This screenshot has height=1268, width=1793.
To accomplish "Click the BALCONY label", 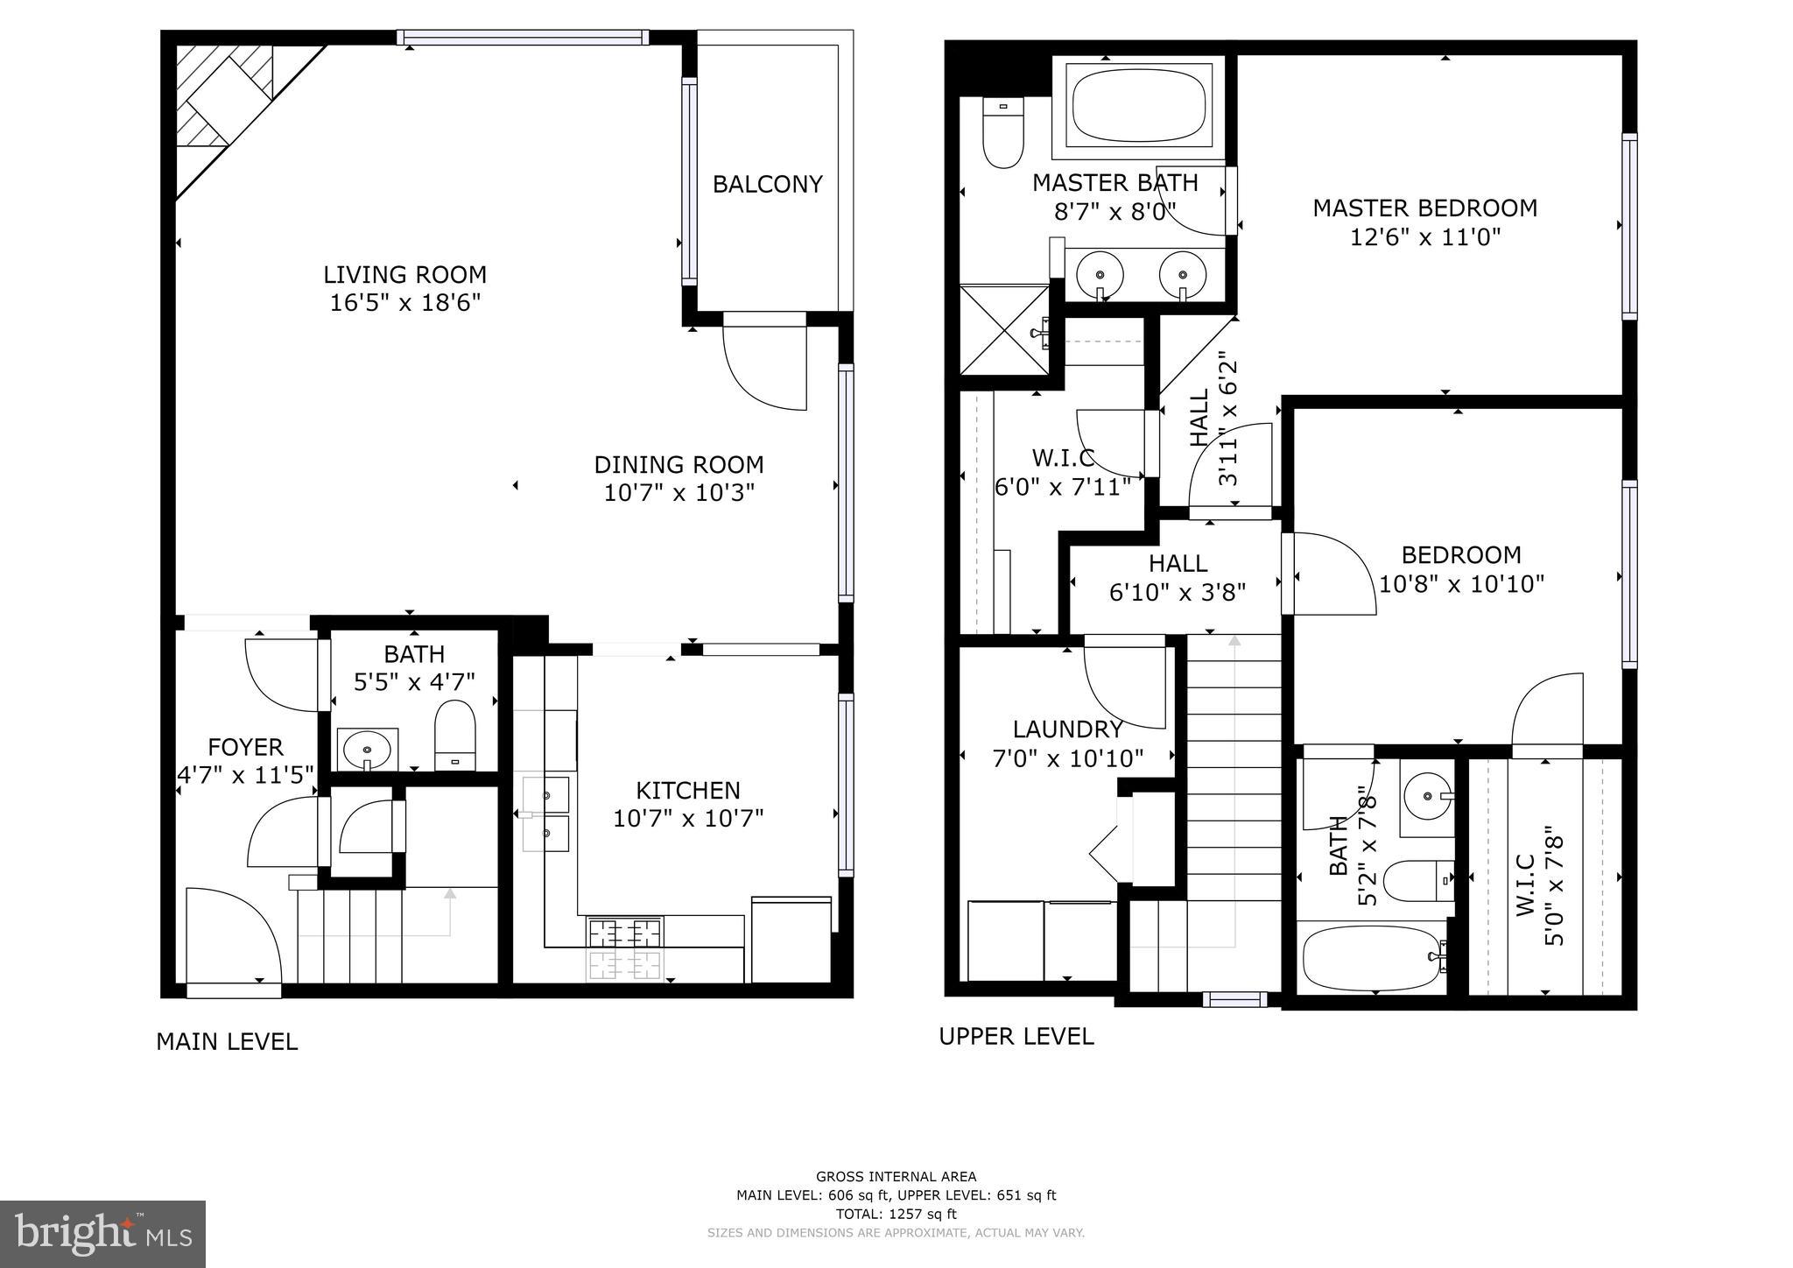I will click(x=767, y=185).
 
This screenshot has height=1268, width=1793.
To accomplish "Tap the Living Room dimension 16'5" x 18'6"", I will click(x=405, y=304).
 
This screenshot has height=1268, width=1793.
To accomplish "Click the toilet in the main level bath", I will click(x=454, y=734).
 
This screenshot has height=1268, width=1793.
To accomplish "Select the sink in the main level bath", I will click(x=367, y=750).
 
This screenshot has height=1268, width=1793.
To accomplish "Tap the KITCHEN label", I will click(x=687, y=791).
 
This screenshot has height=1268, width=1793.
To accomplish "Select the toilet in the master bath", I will click(x=1002, y=134).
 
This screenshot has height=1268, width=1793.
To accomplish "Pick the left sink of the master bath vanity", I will click(x=1100, y=272).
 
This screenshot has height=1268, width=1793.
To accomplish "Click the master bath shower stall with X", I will click(x=1005, y=328).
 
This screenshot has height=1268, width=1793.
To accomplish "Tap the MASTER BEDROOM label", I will click(x=1424, y=208).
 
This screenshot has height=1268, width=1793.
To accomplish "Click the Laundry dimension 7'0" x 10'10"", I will click(x=1067, y=758).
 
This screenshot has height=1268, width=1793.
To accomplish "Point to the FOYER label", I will click(x=245, y=748).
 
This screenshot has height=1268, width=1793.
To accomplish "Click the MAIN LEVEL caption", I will click(x=227, y=1042).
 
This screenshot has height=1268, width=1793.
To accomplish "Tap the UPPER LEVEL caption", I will click(x=1016, y=1037).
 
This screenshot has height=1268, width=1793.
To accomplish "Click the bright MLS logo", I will click(x=102, y=1234).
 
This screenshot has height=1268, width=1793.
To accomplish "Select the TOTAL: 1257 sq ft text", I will click(x=896, y=1214).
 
